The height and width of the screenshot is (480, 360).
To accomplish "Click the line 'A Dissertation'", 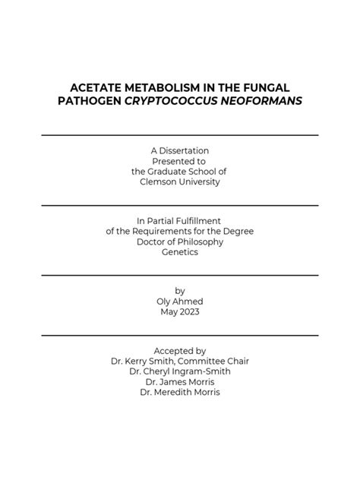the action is [x=180, y=150].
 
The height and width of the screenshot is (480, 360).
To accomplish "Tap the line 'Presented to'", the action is [x=180, y=161].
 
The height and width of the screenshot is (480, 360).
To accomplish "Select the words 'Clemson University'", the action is [x=180, y=182].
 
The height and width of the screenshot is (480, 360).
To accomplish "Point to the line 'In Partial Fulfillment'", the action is [x=180, y=220].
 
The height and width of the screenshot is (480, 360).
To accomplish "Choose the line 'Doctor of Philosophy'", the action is [x=180, y=242].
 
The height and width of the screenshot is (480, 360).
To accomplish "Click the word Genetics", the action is [x=180, y=252].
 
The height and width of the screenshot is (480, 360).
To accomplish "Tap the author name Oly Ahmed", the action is [x=180, y=301].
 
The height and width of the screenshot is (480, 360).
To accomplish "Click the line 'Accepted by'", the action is [x=180, y=350].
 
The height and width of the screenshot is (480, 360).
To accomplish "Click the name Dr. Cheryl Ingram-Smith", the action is [x=180, y=371].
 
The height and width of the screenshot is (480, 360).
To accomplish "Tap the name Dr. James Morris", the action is [x=180, y=382].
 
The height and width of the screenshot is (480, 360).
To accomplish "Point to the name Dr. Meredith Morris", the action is [x=180, y=393].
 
